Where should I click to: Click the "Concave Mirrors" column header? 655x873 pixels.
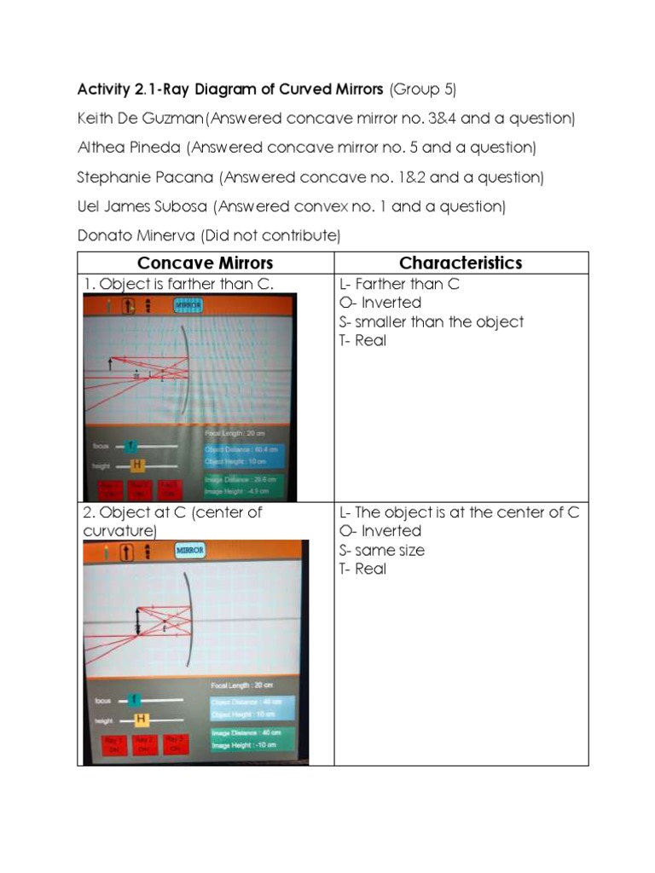tap(205, 263)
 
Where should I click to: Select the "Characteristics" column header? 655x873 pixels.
tap(461, 263)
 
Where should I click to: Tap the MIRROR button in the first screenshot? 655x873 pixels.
tap(188, 304)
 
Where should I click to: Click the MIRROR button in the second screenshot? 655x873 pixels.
tap(189, 551)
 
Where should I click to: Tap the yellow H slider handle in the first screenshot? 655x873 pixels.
tap(136, 465)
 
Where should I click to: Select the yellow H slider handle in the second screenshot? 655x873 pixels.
tap(141, 719)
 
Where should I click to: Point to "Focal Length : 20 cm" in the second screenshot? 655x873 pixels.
tap(242, 685)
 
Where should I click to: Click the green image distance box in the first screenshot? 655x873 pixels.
tap(242, 485)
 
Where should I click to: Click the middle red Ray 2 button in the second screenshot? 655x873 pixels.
tap(143, 743)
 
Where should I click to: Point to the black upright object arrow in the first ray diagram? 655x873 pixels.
tap(110, 365)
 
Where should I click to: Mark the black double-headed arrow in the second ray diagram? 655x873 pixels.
tap(137, 619)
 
